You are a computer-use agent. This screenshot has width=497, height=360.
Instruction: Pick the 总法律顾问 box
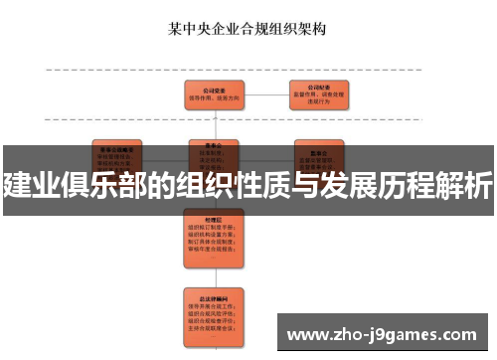209,309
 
